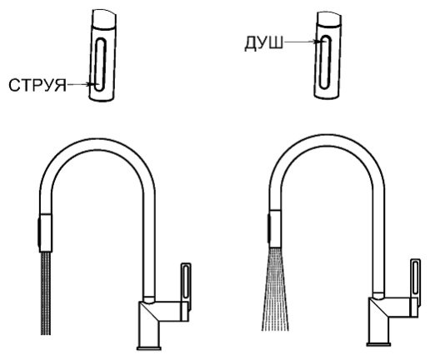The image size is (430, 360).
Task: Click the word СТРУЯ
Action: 37,85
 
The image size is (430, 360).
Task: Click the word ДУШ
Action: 263,44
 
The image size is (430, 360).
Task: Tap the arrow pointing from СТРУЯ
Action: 79,84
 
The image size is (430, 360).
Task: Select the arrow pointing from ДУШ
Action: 300,42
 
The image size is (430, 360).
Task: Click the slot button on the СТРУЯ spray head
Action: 100,64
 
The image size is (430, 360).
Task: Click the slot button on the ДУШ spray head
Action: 325,62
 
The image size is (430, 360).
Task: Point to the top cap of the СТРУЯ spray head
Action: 104,19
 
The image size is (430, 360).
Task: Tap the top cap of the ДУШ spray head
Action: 329,19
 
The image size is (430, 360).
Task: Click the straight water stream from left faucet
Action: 46,293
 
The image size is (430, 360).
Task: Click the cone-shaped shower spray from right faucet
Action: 275,289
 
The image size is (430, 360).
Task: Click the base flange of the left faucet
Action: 149,348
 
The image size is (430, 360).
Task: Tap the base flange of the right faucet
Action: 378,344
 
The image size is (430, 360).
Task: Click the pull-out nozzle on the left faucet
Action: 46,233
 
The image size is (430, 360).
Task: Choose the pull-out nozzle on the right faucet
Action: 275,229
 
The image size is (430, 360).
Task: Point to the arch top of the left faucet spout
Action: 97,144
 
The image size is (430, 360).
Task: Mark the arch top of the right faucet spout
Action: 327,141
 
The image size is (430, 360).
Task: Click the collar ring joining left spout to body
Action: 149,299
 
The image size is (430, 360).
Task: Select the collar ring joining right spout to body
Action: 378,295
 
